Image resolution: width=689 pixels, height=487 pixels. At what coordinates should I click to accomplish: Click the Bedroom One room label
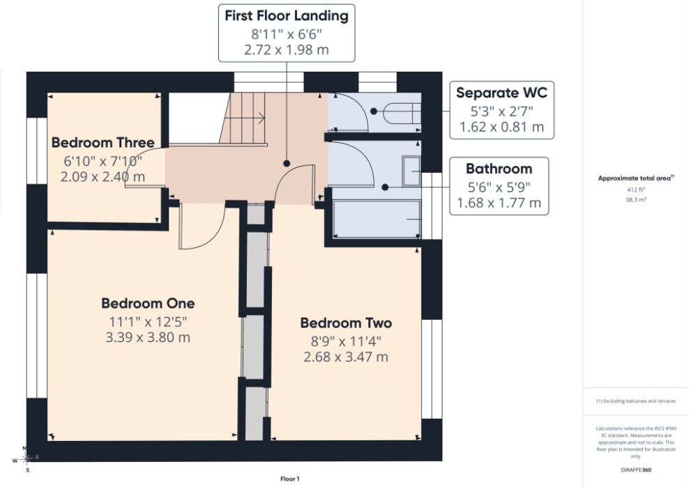coord(148,304)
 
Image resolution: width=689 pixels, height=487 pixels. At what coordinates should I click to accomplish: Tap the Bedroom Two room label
coord(346,323)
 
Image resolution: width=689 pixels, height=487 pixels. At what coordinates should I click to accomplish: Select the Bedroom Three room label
coord(103,142)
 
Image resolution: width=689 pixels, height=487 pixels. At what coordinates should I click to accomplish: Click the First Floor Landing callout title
coord(287,16)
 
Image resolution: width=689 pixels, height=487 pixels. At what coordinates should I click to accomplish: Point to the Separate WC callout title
coord(501,93)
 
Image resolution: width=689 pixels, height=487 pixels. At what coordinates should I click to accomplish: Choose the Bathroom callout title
coord(499,169)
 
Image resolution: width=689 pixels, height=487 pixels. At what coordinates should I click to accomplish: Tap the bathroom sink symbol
coord(411,171)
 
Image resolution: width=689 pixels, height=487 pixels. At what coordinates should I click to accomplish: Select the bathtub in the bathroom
coord(377,219)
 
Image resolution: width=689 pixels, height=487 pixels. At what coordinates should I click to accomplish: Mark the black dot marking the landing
coord(287,163)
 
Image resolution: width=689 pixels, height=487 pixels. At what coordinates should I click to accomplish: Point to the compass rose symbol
coord(26,459)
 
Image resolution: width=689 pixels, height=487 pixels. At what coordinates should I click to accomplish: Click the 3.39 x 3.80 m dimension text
coord(148,337)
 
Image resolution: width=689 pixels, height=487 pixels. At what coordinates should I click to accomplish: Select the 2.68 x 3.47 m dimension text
coord(346,357)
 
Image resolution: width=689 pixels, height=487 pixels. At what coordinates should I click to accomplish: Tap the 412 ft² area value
coord(636,190)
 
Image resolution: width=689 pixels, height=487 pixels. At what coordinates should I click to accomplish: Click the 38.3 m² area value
coord(636,199)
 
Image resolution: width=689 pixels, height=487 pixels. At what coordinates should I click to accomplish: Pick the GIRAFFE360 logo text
coord(636,470)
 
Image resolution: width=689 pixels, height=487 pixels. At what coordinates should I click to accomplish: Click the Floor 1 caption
coord(289,479)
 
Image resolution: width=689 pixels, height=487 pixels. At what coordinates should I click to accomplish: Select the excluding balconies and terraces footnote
coord(636,401)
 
